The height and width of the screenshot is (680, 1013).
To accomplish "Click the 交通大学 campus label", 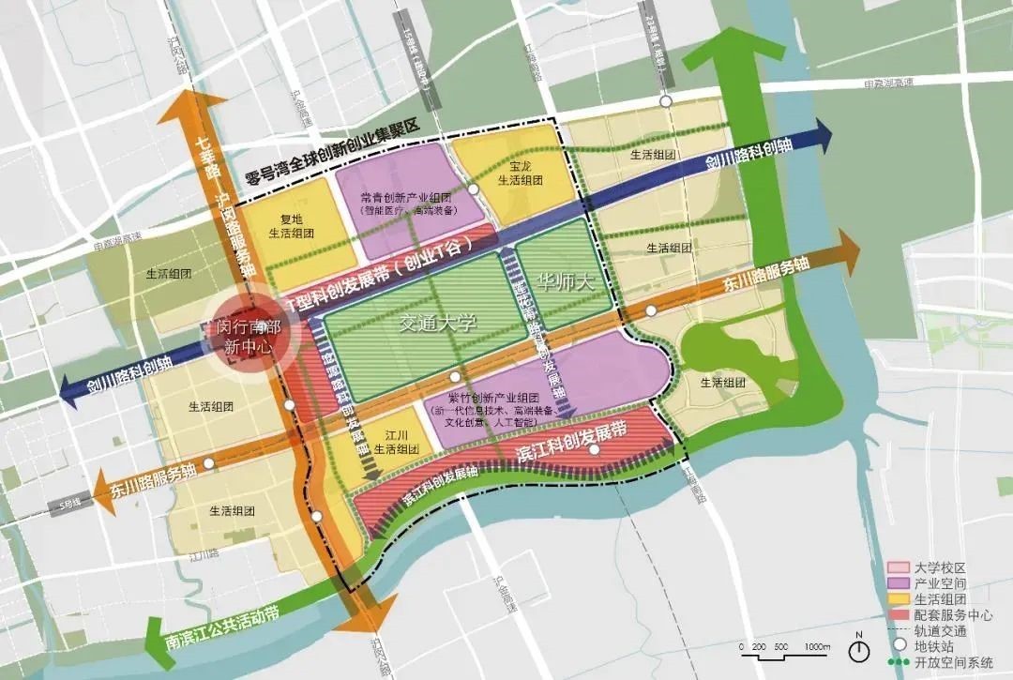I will pyautogui.click(x=438, y=324).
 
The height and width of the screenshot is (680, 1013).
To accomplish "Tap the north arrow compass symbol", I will pyautogui.click(x=858, y=647).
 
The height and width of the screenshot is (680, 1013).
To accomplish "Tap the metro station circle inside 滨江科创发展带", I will pyautogui.click(x=594, y=451).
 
